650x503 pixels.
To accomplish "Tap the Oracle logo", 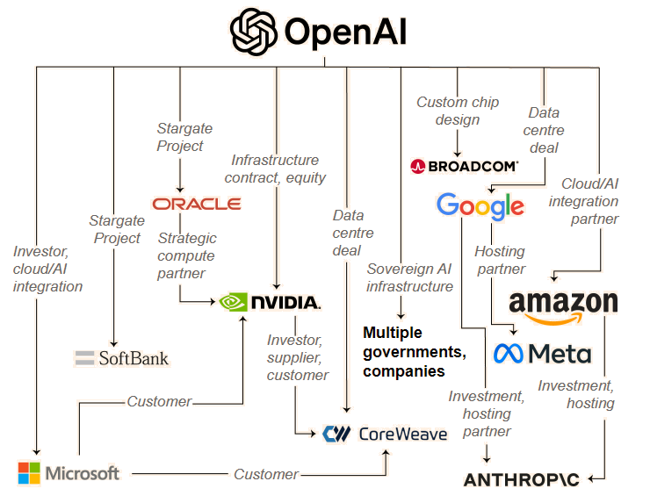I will [x=197, y=204].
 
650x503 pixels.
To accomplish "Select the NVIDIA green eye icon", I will [x=233, y=302].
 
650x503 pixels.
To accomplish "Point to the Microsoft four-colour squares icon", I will [x=29, y=473].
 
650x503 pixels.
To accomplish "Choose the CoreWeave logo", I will [x=384, y=433].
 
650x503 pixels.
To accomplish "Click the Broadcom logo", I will [x=464, y=165].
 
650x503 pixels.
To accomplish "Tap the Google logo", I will [x=480, y=206].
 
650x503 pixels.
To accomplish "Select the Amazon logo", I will [x=563, y=305].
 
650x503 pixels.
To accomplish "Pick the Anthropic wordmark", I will [x=523, y=479].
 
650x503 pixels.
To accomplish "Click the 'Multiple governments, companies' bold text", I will [x=414, y=352].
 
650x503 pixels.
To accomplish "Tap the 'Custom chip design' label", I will [x=457, y=111].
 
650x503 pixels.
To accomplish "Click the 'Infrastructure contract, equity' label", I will [x=275, y=169].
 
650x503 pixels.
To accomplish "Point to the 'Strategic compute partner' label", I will [x=186, y=255].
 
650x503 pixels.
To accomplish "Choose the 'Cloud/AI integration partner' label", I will [x=589, y=201].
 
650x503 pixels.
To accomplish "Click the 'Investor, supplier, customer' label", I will [x=297, y=357].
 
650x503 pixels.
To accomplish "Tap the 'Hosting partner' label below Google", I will [x=500, y=260].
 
